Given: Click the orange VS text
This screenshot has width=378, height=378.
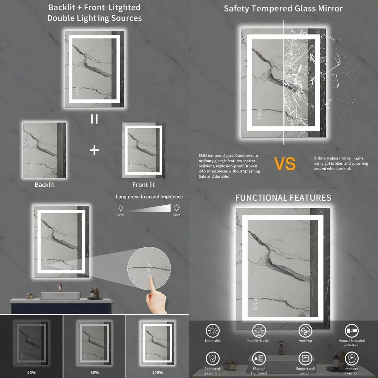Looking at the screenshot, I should pos(285,164).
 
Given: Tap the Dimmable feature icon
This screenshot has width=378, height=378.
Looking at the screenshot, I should pos(213,331).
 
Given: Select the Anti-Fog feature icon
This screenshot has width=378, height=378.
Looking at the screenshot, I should pos(305,331).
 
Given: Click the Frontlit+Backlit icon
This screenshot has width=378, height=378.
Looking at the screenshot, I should pos(259,331).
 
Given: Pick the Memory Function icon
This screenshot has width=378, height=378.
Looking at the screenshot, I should pos(352,358).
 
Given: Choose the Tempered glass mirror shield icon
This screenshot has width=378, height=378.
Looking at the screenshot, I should pos(212,358).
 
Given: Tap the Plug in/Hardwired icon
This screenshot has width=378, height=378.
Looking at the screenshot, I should pos(259,358).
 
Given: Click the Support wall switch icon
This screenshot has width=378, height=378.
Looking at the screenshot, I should pos(305,358).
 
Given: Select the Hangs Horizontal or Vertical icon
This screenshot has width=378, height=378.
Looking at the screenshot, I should pos(352,331).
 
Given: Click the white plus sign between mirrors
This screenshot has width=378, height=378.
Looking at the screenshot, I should pos(94,150).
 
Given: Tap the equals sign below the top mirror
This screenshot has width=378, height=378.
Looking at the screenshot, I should pos(94,119).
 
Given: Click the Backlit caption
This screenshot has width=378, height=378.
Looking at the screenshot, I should pos(45,184).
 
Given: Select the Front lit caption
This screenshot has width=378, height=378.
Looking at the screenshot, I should pos(144,185).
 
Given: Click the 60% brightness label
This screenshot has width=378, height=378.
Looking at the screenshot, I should pos(94,372).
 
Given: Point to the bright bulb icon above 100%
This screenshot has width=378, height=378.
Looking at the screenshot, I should pos(176,208).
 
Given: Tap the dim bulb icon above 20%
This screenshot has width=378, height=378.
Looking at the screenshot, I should pos(121,208).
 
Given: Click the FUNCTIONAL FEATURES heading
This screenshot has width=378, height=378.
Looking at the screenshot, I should pos(283,198).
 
